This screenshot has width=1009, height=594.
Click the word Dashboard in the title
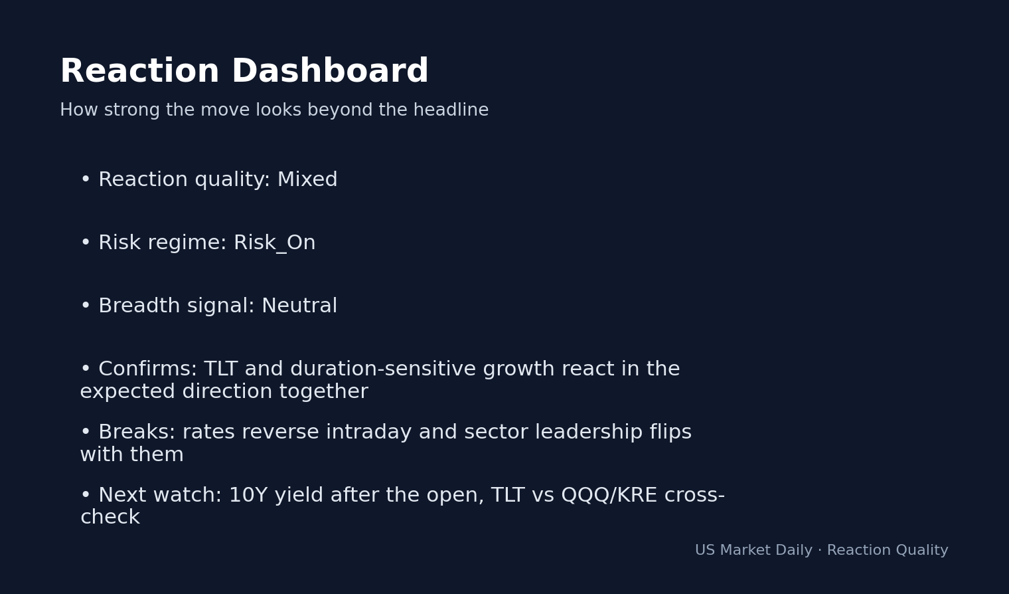coord(329,72)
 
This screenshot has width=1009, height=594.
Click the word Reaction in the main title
coord(139,72)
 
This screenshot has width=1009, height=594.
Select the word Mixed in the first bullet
coord(307,180)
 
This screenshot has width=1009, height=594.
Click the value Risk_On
coord(274,243)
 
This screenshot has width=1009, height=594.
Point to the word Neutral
coord(299,306)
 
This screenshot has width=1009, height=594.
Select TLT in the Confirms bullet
coord(220,369)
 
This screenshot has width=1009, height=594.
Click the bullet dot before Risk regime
coord(85,243)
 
